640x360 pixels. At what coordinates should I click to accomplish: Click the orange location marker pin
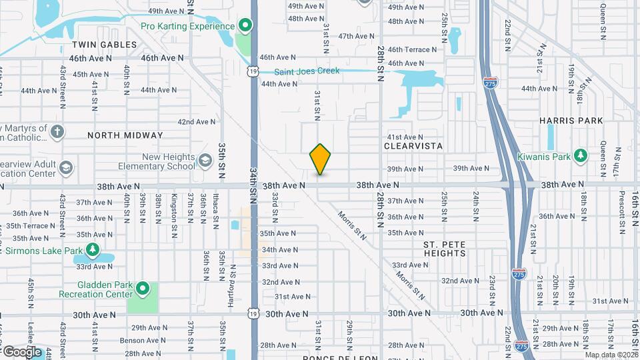(321, 159)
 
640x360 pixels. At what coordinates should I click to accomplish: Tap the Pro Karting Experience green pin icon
(245, 27)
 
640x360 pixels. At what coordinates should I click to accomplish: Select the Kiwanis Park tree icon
(581, 155)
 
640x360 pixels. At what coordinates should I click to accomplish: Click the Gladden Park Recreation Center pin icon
(142, 288)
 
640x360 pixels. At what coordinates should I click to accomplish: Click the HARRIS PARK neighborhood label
(571, 121)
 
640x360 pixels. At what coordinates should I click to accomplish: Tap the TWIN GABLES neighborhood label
(104, 45)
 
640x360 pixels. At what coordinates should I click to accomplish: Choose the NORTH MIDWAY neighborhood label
(125, 135)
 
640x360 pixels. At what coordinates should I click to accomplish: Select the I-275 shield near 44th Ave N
(489, 83)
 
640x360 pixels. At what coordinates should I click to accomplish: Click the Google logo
(22, 351)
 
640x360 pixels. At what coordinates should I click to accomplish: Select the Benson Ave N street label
(141, 340)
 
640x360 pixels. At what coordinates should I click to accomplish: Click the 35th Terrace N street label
(30, 227)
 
